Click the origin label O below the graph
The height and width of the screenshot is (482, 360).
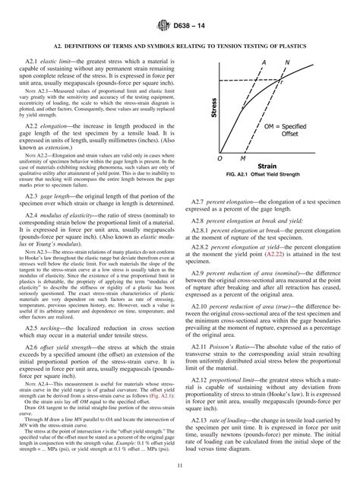[219, 158]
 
